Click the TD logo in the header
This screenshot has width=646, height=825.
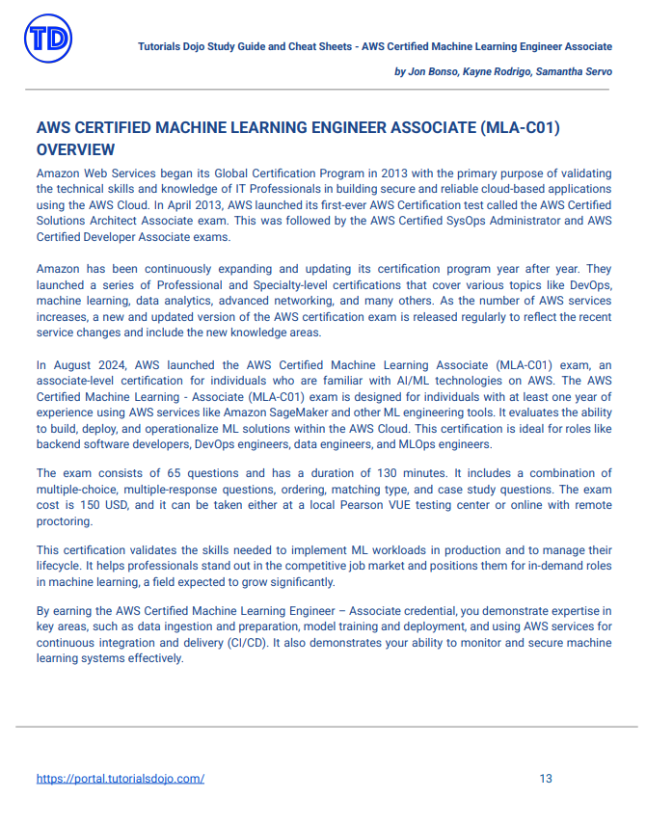pyautogui.click(x=48, y=39)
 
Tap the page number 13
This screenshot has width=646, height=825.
pyautogui.click(x=546, y=779)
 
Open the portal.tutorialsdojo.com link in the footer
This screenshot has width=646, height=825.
pyautogui.click(x=121, y=779)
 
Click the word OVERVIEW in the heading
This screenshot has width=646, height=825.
pyautogui.click(x=76, y=149)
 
